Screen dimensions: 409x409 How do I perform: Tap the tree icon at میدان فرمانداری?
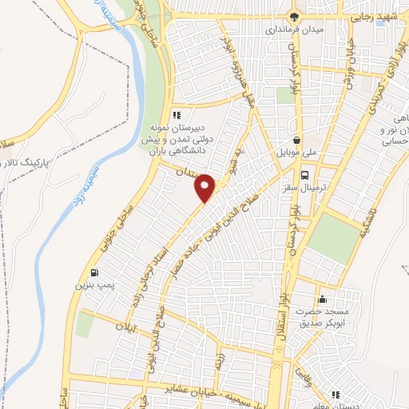(x=296, y=15)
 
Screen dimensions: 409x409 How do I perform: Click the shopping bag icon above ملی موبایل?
(x=297, y=138)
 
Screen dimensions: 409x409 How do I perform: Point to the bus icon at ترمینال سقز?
(x=304, y=175)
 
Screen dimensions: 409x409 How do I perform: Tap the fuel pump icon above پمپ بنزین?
(x=95, y=272)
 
